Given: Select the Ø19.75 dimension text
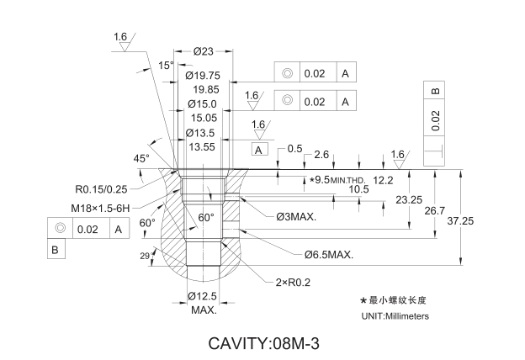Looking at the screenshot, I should (x=202, y=76).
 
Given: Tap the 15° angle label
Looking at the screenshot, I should (x=166, y=65).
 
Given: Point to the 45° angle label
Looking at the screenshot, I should (x=141, y=158).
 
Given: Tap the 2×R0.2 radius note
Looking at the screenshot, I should (x=294, y=282).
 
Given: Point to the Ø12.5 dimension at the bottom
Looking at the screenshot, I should (x=203, y=295).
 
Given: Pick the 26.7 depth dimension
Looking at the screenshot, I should (x=434, y=211).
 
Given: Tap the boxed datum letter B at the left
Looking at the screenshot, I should (x=55, y=250).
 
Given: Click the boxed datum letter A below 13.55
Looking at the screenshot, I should (x=260, y=149).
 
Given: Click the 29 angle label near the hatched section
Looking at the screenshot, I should (x=143, y=255).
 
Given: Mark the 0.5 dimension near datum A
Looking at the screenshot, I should (x=294, y=149).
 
